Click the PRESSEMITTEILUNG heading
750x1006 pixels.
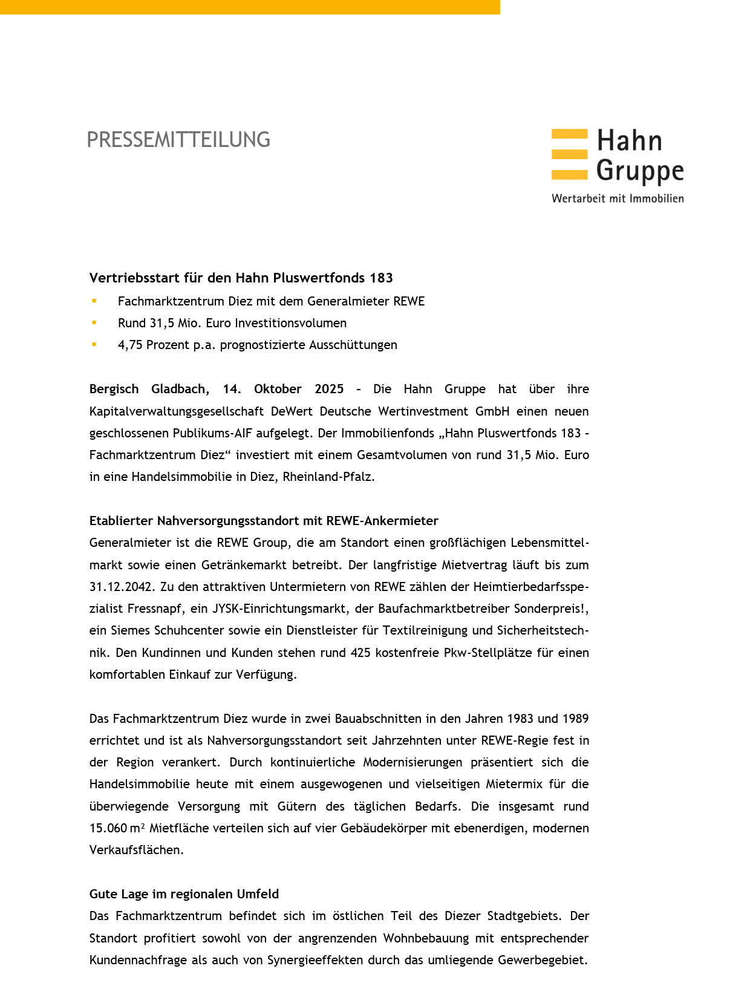click(x=178, y=140)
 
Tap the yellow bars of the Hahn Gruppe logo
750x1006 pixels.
click(x=569, y=154)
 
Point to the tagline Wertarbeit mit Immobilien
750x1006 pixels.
click(x=618, y=198)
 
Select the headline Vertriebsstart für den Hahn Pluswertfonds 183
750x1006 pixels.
click(x=241, y=278)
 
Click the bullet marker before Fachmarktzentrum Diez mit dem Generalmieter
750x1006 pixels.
click(x=94, y=301)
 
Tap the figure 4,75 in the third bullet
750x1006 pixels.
click(x=130, y=345)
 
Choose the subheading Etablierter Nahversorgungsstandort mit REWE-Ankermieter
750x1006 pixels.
click(x=264, y=521)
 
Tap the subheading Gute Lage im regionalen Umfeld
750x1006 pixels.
click(x=184, y=894)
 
